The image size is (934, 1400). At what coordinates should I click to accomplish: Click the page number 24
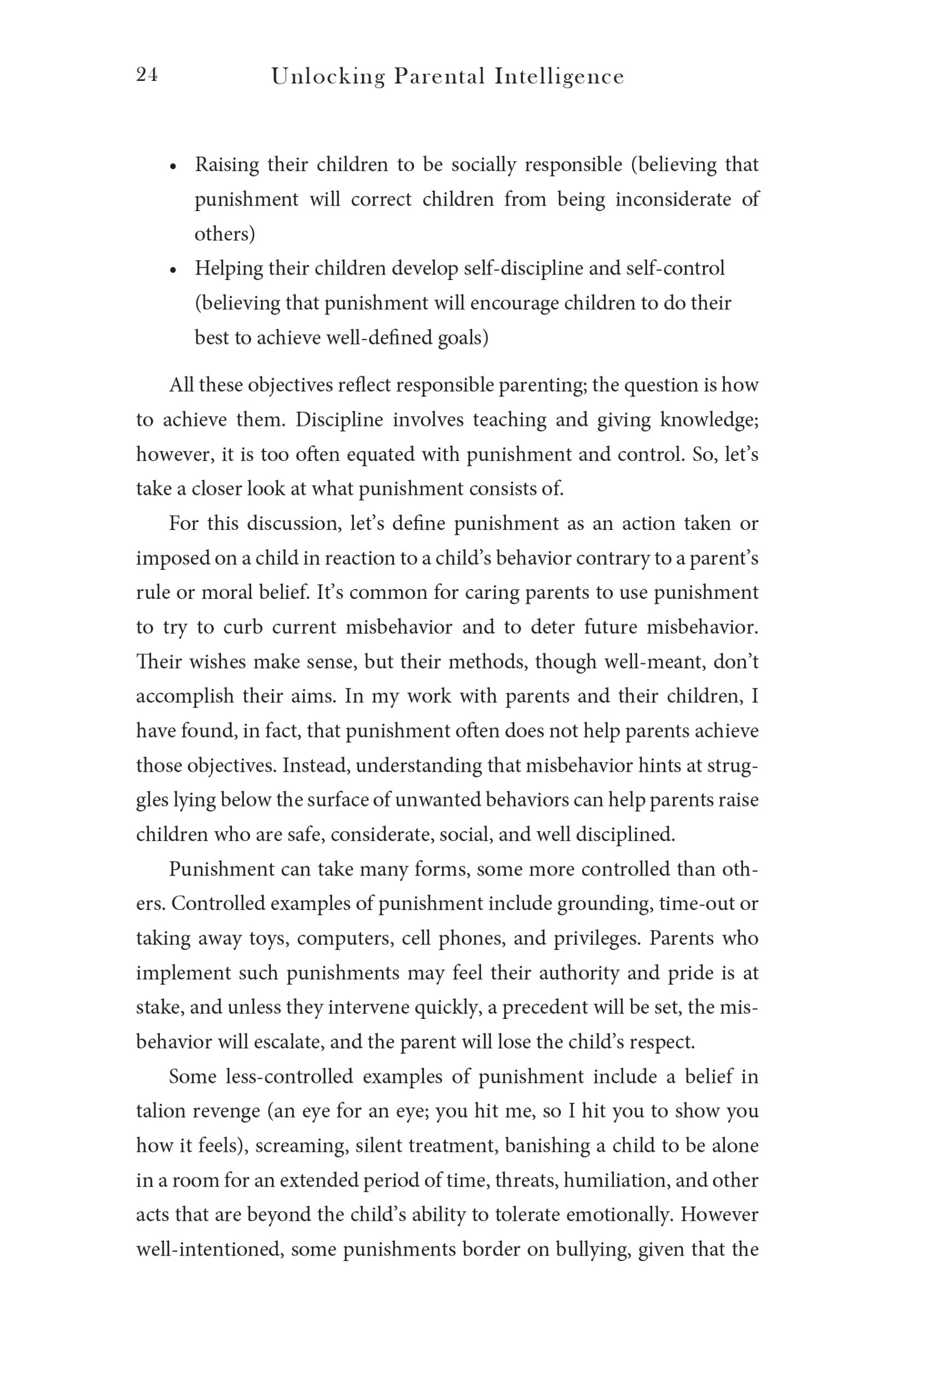point(147,75)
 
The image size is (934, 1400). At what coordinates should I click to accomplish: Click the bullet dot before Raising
point(173,167)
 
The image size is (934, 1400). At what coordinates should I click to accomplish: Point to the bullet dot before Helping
point(173,271)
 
